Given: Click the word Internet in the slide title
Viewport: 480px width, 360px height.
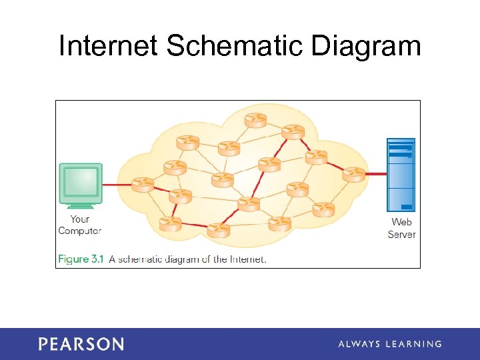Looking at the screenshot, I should coord(109,47).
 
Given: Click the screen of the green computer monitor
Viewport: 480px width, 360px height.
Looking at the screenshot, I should coord(80,181).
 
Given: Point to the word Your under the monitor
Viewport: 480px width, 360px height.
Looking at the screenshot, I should coord(79,219).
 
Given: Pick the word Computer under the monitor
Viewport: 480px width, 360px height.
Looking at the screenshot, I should coord(79,231).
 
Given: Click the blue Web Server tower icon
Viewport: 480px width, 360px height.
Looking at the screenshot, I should coord(401,175).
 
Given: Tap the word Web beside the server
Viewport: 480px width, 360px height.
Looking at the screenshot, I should coord(401,222).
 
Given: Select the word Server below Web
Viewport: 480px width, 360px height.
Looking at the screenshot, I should coord(401,234).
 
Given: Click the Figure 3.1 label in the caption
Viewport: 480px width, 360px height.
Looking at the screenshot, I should coord(81,259).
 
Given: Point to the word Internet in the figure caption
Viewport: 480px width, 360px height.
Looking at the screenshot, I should coord(248,259).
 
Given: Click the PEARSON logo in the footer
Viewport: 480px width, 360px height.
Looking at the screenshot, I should coord(81,344).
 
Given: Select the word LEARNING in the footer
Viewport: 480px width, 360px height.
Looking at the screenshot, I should coord(417,344).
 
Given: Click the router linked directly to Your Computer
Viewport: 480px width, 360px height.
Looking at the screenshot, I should coord(143,183).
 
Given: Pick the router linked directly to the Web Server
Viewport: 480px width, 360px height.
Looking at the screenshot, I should coord(354,174).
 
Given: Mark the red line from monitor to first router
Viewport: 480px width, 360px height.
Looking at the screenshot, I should coord(117,184).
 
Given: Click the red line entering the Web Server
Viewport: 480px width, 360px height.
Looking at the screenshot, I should coord(376,174).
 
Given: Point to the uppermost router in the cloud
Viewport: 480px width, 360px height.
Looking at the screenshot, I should coord(255,120).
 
